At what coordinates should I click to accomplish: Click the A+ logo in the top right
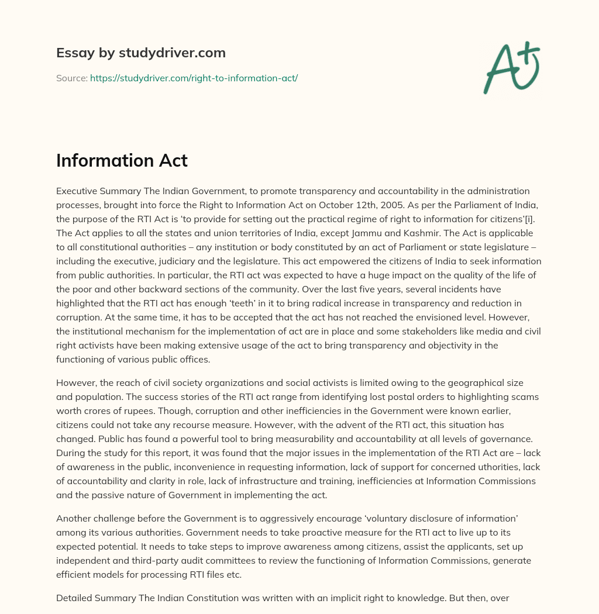[511, 67]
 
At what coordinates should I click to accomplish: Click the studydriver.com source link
[194, 78]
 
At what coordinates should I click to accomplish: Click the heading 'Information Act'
[122, 160]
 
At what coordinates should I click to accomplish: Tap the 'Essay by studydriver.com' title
[141, 53]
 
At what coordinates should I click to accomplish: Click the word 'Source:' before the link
[72, 78]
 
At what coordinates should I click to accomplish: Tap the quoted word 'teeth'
[260, 303]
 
